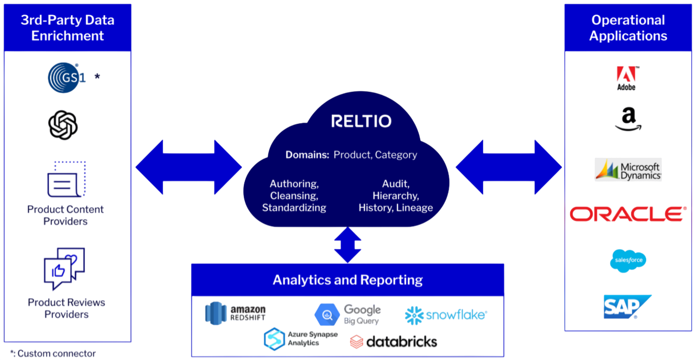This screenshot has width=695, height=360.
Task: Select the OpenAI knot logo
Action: [x=63, y=125]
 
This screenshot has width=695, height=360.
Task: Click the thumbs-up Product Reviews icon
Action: [x=64, y=269]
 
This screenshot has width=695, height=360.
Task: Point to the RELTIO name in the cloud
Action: [x=361, y=121]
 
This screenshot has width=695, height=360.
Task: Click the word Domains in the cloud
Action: [x=307, y=155]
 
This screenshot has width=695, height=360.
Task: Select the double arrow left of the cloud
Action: [x=188, y=167]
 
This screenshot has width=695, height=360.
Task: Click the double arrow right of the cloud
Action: [x=508, y=167]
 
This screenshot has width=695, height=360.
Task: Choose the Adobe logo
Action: [x=626, y=78]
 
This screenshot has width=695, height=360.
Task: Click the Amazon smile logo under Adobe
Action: [x=628, y=119]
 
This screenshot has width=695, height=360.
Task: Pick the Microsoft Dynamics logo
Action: [x=628, y=169]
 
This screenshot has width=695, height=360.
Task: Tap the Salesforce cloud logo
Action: [x=628, y=260]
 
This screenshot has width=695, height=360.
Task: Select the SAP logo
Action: [x=627, y=306]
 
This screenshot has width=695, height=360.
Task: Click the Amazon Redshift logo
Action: [x=235, y=312]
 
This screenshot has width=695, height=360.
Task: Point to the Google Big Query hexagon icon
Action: [x=327, y=314]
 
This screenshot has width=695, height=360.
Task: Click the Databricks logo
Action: [x=394, y=342]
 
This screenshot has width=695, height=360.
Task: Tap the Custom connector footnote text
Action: [x=53, y=354]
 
